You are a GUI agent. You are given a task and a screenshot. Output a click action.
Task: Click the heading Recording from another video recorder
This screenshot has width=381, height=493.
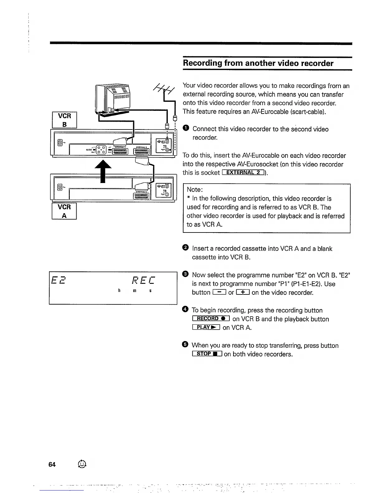[258, 63]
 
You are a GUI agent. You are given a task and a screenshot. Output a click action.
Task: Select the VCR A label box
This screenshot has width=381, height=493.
[64, 211]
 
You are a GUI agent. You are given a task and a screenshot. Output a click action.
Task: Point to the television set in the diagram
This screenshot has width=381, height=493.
[113, 98]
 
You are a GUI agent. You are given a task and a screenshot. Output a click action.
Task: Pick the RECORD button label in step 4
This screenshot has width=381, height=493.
[211, 319]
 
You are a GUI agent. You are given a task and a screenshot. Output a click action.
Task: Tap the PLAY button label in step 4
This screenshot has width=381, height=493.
[206, 327]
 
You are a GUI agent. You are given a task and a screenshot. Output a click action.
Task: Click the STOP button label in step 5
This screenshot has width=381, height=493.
[207, 354]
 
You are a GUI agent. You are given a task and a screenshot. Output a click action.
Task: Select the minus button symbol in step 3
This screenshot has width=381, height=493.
[219, 293]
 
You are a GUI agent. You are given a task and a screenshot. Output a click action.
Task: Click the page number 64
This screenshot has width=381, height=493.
[52, 464]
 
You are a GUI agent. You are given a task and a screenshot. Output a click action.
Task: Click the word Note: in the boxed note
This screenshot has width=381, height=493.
[195, 190]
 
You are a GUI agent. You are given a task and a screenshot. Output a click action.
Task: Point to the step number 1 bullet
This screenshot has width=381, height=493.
[186, 129]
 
